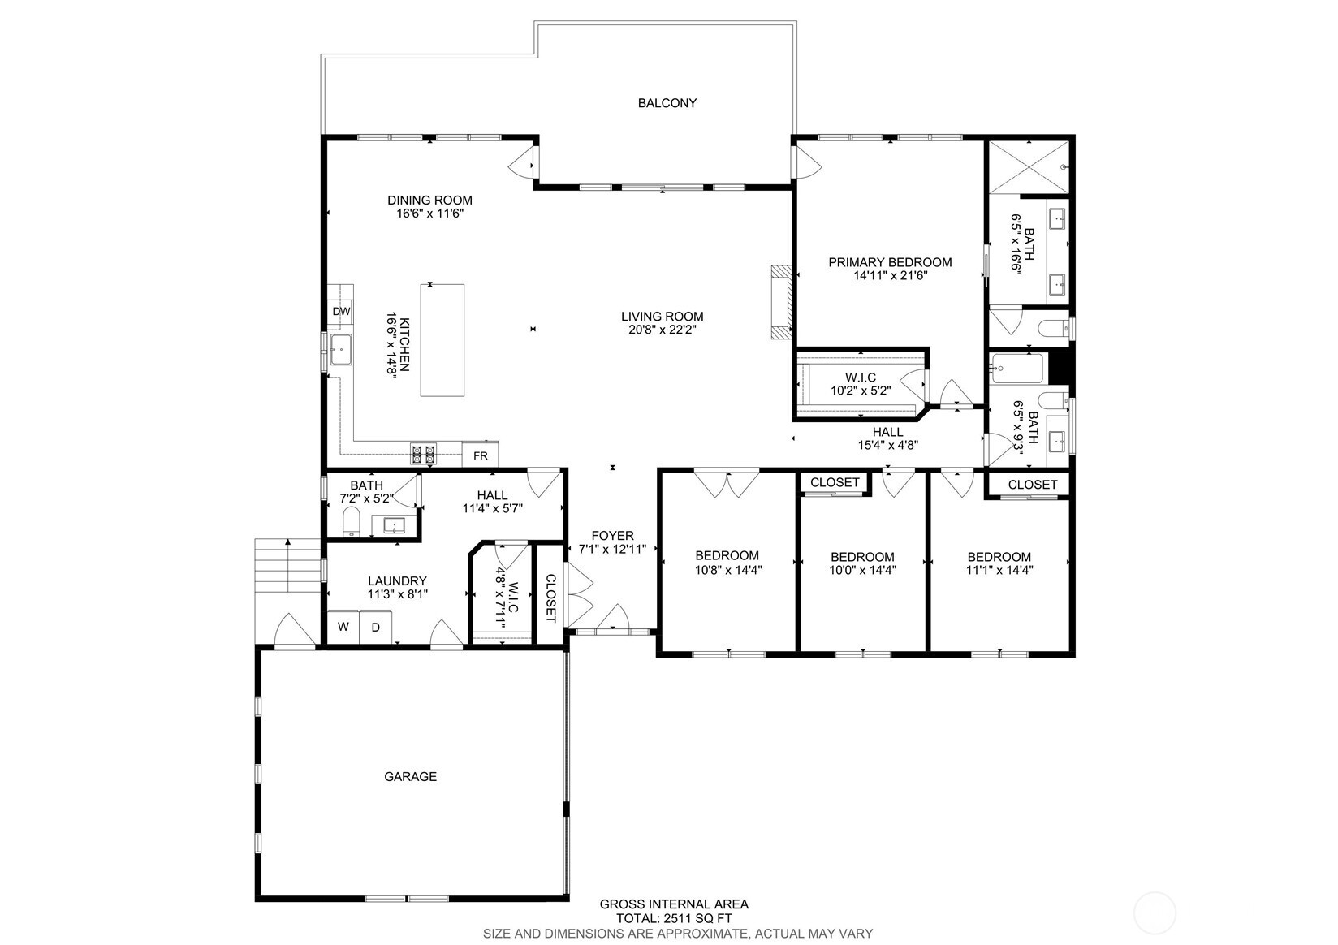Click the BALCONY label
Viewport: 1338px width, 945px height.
click(667, 103)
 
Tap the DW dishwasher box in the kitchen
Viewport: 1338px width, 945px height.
click(341, 312)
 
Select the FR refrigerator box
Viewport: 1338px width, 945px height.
click(480, 455)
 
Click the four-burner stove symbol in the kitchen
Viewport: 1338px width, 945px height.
click(422, 455)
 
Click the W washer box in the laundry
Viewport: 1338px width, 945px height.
click(343, 627)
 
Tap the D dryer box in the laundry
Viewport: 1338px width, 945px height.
click(375, 627)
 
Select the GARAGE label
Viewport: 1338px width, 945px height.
click(410, 776)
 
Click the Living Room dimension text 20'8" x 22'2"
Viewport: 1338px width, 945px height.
click(662, 330)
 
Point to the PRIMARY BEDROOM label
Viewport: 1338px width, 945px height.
click(890, 262)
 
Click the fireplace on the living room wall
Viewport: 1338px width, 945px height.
click(779, 301)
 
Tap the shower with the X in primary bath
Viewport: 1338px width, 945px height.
click(1028, 167)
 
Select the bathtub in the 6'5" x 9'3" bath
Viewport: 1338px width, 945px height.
click(1016, 369)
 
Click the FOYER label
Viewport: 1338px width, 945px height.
click(612, 536)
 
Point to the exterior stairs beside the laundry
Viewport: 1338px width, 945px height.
click(287, 565)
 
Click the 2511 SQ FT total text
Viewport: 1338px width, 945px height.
click(674, 918)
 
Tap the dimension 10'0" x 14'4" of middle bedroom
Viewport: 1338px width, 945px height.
click(862, 570)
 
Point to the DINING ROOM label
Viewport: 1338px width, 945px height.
click(429, 200)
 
